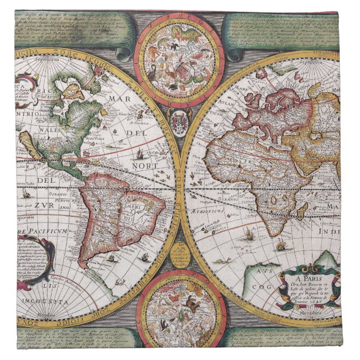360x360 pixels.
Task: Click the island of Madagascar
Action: coord(302,210)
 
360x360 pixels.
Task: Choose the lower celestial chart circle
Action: coord(181,314)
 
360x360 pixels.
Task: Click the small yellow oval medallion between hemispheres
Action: coord(179,255)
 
